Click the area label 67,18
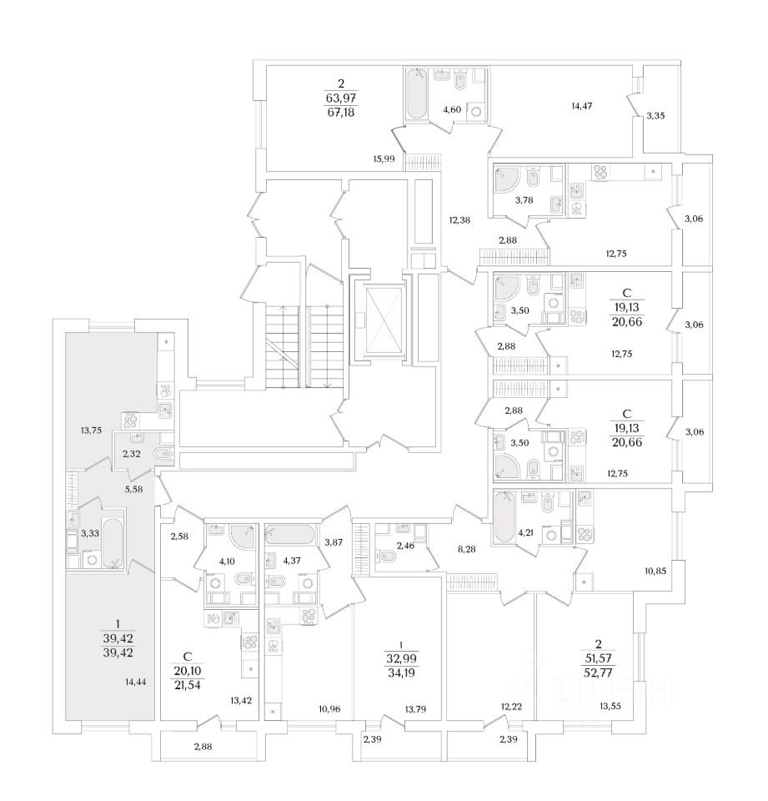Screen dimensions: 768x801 (340, 112)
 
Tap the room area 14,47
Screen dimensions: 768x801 (581, 106)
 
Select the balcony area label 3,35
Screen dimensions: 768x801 (655, 115)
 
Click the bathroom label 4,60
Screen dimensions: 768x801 (452, 108)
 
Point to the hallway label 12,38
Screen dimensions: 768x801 (459, 220)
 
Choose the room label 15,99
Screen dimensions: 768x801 (384, 159)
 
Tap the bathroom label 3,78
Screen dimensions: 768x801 (524, 200)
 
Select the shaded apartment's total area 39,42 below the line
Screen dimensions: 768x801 (118, 652)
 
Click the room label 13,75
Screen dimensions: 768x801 (91, 431)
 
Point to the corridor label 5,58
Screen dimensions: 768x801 (133, 489)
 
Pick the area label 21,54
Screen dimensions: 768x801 (188, 685)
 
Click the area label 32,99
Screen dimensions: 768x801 (401, 659)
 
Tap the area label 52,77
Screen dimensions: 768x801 (598, 673)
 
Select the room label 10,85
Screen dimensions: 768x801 (655, 571)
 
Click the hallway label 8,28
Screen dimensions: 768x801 (467, 549)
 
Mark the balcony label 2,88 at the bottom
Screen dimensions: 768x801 (203, 746)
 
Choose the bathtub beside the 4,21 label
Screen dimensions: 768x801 (504, 517)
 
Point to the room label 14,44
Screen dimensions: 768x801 (135, 681)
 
